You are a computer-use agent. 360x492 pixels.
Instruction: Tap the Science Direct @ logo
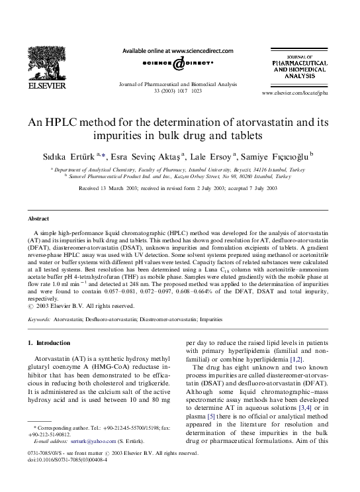(179, 64)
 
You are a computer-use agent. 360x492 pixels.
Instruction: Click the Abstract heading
(38, 219)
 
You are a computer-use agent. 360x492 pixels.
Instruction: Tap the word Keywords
(39, 319)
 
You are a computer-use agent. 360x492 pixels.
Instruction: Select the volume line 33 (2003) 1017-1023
(179, 91)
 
